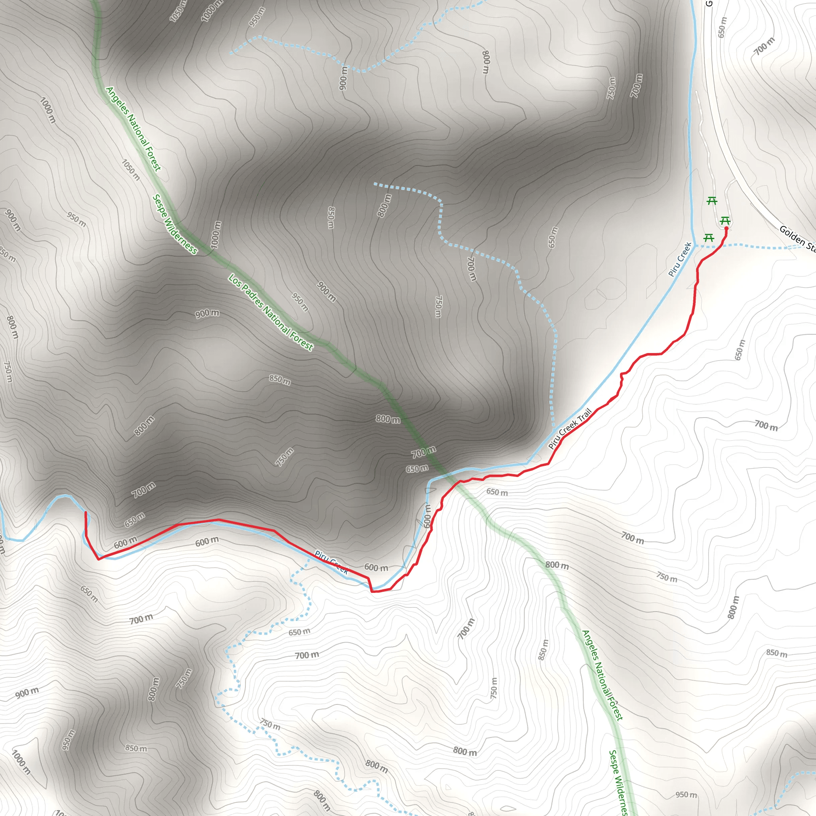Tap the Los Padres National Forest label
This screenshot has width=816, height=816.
point(271,312)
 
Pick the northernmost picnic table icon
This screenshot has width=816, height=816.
point(712,201)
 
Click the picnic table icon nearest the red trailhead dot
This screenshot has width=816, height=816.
point(725,221)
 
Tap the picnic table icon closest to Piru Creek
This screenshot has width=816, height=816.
point(709,238)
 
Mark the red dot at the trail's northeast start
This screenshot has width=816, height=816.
point(726,228)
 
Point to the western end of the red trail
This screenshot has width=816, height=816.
point(86,512)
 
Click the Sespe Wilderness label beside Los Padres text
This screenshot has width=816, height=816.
point(175,224)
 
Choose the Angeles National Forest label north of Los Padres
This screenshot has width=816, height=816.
point(133,129)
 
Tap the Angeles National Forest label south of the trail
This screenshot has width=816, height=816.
point(602,675)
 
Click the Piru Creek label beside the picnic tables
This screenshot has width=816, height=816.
point(680,259)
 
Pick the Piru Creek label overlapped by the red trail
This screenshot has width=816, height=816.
point(331,562)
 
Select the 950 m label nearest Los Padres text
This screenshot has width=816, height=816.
point(300,302)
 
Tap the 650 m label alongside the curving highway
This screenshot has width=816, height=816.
point(722,27)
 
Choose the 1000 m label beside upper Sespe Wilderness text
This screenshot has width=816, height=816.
point(216,235)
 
